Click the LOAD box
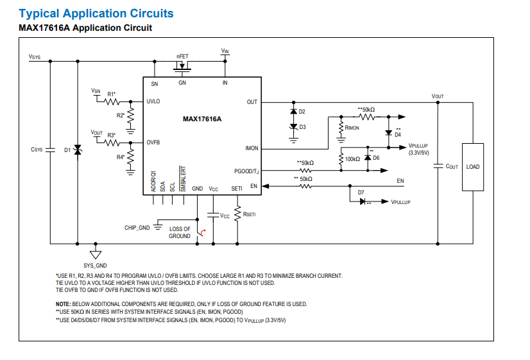pos(472,167)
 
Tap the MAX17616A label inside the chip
pos(202,119)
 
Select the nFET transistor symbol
pos(182,67)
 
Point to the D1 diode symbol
pos(78,150)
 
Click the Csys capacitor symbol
pos(50,150)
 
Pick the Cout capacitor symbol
pos(438,166)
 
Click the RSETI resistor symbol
pos(237,214)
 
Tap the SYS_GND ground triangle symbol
pos(96,255)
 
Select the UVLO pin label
pos(153,101)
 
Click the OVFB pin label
pos(153,142)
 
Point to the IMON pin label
pos(252,148)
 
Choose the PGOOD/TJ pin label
pos(246,172)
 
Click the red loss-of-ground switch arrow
pos(203,232)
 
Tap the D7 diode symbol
pos(363,201)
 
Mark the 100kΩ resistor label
pos(352,159)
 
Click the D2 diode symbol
pos(293,111)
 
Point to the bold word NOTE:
pos(64,304)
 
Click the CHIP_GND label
pos(137,228)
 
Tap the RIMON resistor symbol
pos(341,128)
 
